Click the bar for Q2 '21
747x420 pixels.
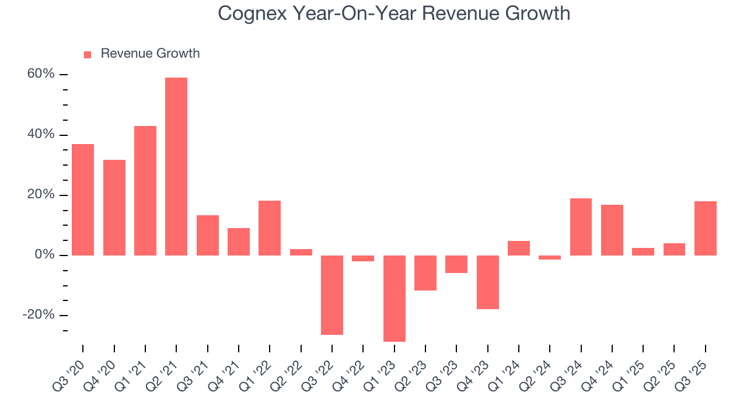point(176,166)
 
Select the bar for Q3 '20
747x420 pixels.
point(83,199)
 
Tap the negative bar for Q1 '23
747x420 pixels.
point(395,298)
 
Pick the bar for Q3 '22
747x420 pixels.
point(332,295)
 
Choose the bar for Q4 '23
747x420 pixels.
point(488,282)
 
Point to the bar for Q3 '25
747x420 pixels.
point(706,228)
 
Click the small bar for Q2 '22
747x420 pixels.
point(301,252)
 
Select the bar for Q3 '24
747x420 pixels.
point(581,227)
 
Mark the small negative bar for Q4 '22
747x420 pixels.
point(363,258)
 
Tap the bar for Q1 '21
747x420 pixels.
point(145,191)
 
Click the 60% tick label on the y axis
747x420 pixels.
point(40,74)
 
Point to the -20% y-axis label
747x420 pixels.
point(38,315)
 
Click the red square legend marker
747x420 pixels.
point(88,54)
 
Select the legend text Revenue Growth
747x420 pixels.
point(150,54)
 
